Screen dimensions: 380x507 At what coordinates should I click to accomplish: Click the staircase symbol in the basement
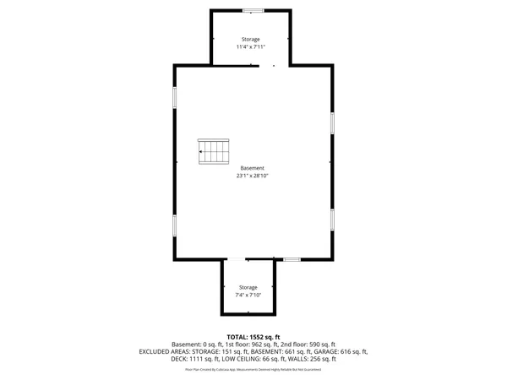tap(214, 152)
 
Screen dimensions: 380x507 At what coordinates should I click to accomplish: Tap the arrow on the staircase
tap(202, 152)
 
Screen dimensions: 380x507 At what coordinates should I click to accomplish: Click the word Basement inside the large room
tap(252, 168)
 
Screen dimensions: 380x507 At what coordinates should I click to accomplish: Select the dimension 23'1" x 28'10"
tap(252, 176)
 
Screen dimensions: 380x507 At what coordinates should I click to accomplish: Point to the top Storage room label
tap(250, 40)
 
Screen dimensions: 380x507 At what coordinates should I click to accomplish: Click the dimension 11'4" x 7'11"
tap(250, 47)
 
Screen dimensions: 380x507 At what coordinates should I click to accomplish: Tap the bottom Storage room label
tap(248, 287)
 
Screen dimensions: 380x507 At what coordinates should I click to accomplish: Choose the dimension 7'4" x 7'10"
tap(248, 295)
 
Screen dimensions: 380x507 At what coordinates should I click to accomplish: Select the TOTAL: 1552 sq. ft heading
tap(253, 337)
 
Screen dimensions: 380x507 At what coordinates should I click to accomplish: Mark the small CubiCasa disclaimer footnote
tap(253, 368)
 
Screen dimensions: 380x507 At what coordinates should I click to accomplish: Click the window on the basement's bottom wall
tap(292, 259)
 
